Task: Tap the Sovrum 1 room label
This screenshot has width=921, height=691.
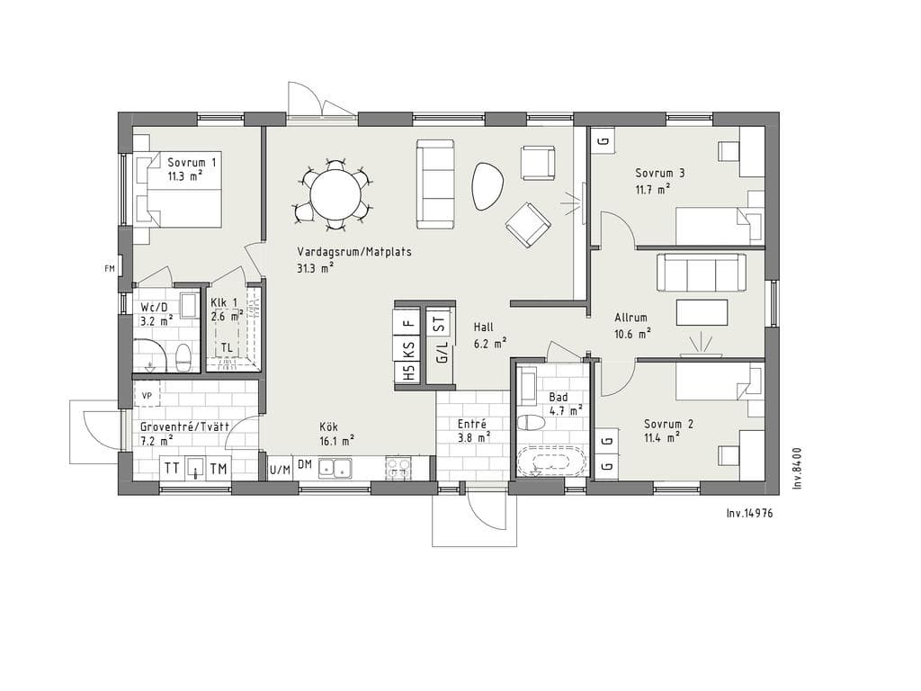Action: (x=192, y=162)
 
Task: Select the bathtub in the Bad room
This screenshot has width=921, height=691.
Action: (x=551, y=462)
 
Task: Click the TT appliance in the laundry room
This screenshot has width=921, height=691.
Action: (x=172, y=468)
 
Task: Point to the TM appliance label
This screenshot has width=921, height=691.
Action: (x=219, y=469)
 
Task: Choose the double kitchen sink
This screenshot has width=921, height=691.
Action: (x=335, y=468)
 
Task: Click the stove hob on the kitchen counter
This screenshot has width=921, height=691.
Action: (x=398, y=468)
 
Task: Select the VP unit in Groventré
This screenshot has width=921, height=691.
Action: (x=147, y=396)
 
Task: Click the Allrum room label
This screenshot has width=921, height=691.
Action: (x=630, y=318)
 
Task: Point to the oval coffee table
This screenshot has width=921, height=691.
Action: (x=487, y=185)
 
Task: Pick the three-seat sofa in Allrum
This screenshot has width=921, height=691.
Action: (x=702, y=272)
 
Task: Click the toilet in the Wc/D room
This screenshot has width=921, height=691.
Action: (x=183, y=357)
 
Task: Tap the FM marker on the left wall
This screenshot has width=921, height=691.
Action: (x=109, y=269)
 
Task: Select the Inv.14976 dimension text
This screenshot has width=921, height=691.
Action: (x=749, y=513)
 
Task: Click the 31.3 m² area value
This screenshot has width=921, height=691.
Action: (x=316, y=267)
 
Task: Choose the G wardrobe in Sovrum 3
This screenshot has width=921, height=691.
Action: (x=603, y=141)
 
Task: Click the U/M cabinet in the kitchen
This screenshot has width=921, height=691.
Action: (x=280, y=470)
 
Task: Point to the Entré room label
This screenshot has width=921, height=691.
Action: (x=471, y=424)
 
